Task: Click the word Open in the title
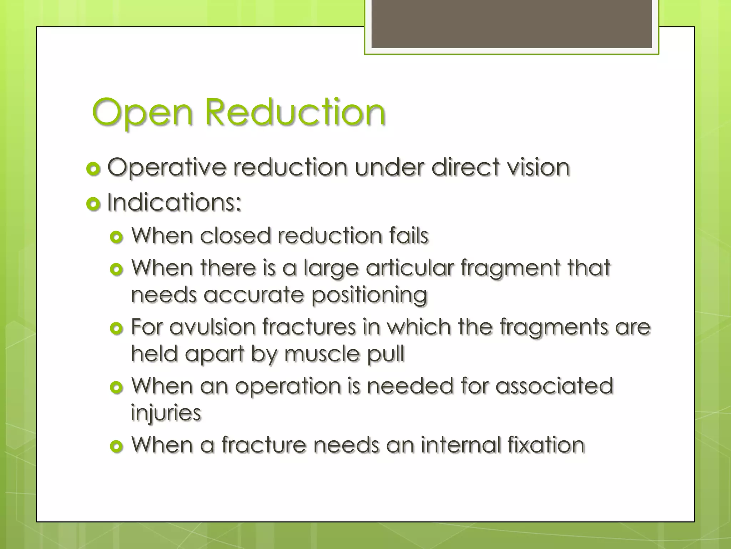click(143, 113)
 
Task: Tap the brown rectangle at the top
click(511, 24)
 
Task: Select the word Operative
click(167, 168)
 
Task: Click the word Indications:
click(174, 202)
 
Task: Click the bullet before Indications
click(93, 204)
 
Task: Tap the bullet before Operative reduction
click(93, 169)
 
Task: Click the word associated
click(554, 386)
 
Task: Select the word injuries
click(166, 413)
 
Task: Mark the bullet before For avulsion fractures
click(117, 328)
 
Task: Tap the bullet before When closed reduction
click(117, 237)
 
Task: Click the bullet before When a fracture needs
click(117, 446)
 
